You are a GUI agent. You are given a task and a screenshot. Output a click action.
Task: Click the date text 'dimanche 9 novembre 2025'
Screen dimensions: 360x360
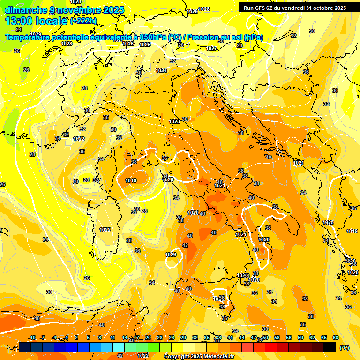64,10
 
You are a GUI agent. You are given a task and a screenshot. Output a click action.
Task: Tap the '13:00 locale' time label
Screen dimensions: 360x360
36,21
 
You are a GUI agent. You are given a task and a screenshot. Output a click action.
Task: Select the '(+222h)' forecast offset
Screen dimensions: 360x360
83,21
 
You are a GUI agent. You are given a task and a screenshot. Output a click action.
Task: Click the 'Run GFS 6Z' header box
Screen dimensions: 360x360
294,7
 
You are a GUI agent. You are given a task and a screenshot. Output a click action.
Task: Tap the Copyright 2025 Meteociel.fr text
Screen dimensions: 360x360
199,356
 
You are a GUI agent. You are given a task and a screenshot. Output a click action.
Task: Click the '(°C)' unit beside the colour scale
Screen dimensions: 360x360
345,348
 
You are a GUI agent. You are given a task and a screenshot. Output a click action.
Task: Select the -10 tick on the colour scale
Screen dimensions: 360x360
32,337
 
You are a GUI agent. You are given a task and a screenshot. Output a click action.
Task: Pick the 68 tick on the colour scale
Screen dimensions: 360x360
336,337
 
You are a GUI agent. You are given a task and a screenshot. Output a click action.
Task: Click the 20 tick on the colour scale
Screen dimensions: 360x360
148,337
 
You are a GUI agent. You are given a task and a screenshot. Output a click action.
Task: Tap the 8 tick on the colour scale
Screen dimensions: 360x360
100,337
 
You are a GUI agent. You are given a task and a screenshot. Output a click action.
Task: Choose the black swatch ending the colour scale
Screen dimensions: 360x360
330,347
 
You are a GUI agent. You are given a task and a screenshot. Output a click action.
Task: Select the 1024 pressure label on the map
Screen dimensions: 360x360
161,70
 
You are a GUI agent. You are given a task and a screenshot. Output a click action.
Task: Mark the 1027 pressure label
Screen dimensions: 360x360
211,48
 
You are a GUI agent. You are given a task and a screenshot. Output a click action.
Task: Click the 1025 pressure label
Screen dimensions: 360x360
145,45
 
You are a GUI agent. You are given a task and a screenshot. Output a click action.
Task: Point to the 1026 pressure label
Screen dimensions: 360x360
127,44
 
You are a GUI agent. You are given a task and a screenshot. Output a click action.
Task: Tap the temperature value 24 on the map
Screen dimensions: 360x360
19,43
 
